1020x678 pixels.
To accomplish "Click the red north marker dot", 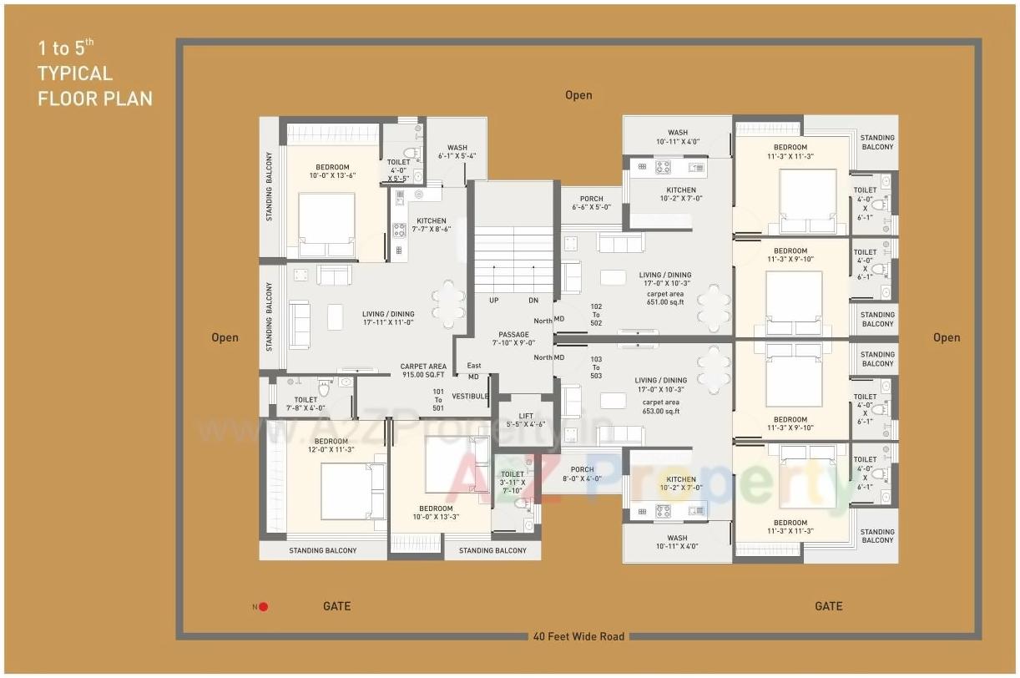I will (x=263, y=607).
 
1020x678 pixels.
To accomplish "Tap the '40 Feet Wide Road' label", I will (x=578, y=636).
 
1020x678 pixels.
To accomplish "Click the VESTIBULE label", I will (x=470, y=397).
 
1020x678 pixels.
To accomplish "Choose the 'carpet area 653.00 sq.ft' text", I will (x=661, y=407).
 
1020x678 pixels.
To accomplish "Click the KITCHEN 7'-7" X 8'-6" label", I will (x=431, y=225).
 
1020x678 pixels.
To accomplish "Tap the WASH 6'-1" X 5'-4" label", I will (x=457, y=152).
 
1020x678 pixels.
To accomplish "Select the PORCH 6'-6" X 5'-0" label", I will (x=591, y=203).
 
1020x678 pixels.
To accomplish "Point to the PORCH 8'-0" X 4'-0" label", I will (x=582, y=474).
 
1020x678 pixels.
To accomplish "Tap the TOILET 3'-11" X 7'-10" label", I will (x=512, y=482).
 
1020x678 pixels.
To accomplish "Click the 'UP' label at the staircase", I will (x=494, y=300).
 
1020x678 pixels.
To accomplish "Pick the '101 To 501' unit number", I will (x=438, y=399).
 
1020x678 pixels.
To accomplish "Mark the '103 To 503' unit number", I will (x=596, y=367).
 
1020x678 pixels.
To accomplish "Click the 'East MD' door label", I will (x=473, y=372).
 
